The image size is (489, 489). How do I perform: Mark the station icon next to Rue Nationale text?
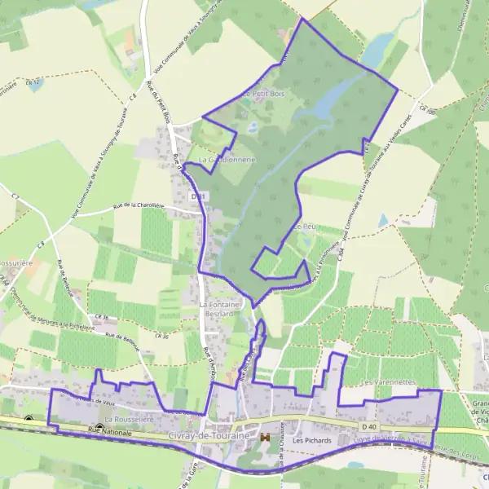99,428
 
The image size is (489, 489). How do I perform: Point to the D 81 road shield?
198,196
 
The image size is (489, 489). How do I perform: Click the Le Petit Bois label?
262,94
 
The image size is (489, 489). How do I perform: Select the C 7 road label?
15,196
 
